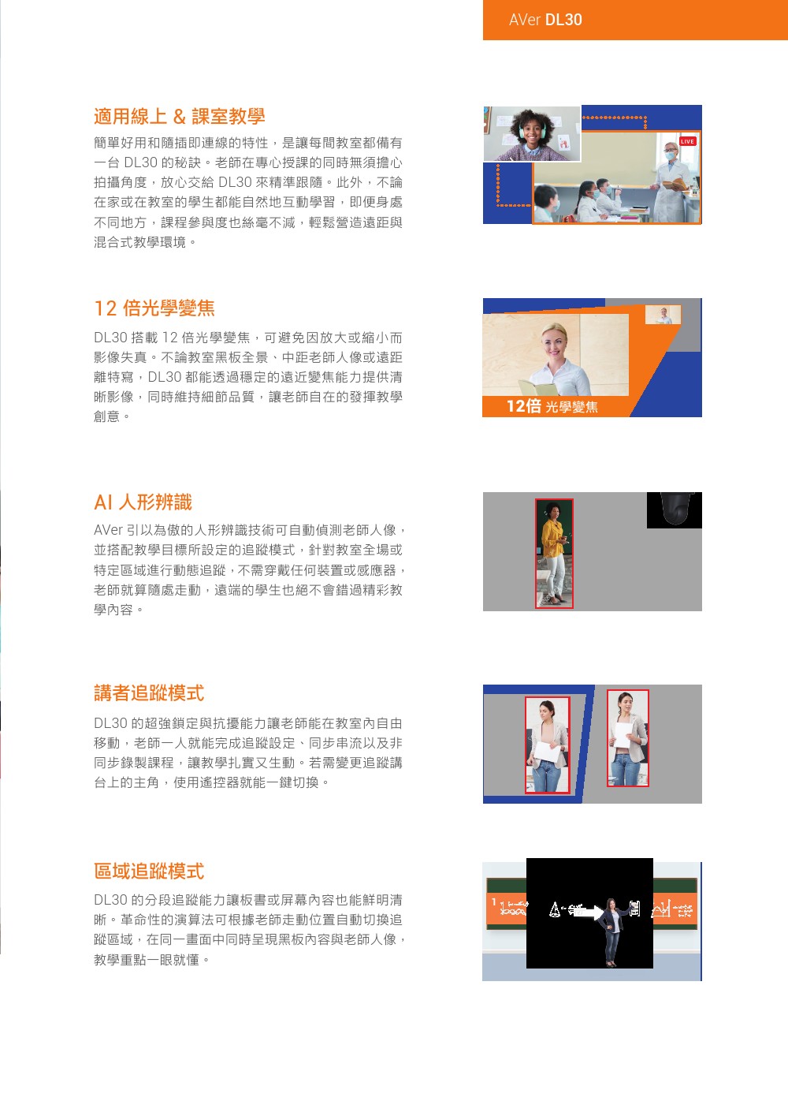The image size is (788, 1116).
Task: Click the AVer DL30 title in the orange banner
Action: pos(545,21)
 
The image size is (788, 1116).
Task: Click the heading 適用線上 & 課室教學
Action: pos(179,117)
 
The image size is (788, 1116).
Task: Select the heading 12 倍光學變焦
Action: pos(154,308)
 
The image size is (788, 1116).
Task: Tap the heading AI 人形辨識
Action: pos(143,502)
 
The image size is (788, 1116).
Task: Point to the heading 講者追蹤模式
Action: pos(149,693)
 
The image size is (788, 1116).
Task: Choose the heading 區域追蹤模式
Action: pos(149,872)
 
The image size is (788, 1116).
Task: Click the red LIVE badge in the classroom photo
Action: pos(687,142)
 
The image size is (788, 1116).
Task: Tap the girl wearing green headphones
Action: pos(533,134)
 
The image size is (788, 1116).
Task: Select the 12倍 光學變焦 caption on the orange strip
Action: pos(552,407)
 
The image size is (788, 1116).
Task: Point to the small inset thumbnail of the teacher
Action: pos(663,315)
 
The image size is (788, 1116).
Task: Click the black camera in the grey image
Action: pos(675,509)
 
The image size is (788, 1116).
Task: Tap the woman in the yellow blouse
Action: pos(554,552)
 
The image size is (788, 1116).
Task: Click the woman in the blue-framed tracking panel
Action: pos(547,745)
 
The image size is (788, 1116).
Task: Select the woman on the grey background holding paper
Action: pos(628,737)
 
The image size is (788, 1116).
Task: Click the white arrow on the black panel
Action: pos(588,913)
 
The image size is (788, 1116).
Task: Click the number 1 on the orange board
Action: pos(493,902)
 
